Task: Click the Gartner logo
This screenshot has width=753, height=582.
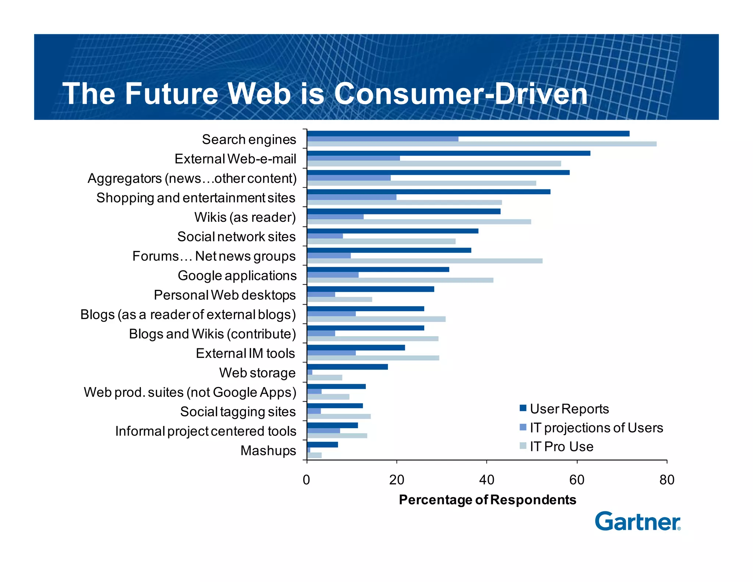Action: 637,521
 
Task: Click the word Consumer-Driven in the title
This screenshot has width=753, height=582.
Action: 460,94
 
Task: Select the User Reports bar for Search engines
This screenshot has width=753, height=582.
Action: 468,134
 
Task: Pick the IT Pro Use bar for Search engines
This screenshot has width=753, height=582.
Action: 482,144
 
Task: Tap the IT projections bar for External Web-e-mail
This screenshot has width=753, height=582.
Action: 353,158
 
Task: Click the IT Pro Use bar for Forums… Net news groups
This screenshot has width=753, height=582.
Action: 425,261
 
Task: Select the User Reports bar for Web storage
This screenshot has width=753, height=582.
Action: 347,367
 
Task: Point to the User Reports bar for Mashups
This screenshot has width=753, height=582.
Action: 322,445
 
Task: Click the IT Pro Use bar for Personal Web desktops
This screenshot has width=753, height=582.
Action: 339,299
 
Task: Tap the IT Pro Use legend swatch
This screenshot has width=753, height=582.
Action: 523,446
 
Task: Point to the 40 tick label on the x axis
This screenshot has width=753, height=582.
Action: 486,480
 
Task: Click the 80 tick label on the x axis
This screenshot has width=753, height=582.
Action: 667,480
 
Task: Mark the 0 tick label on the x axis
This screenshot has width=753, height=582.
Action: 306,480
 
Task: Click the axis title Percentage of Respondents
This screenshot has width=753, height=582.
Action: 487,500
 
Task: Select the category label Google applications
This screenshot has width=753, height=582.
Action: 237,276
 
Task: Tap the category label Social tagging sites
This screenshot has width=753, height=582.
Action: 238,412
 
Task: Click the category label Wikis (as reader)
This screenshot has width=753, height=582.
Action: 245,217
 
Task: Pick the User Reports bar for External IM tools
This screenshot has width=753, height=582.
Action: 356,348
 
